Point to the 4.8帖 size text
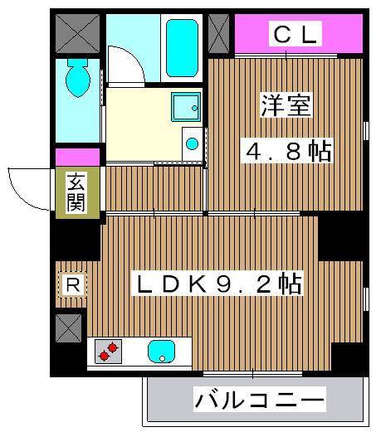(286, 151)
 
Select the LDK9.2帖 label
(218, 284)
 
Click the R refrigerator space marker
(73, 285)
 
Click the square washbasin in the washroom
(185, 106)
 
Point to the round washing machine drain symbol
(193, 143)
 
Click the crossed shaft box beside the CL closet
(219, 34)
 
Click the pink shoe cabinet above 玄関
(77, 155)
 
